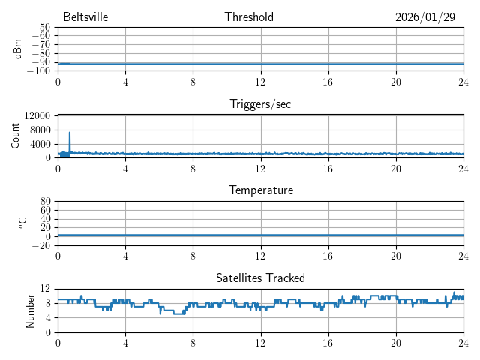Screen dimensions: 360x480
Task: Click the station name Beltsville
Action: click(85, 17)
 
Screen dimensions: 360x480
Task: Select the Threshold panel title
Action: click(249, 17)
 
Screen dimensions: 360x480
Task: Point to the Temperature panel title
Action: click(260, 190)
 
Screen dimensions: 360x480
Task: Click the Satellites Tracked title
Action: click(260, 277)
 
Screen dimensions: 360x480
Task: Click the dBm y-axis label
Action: click(17, 49)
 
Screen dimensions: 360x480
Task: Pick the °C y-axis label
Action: click(22, 223)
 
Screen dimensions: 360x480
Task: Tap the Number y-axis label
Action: click(30, 310)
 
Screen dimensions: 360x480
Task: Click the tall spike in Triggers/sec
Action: click(70, 133)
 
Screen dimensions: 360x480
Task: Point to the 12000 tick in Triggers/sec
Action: click(37, 115)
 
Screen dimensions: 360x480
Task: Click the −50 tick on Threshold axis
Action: click(40, 28)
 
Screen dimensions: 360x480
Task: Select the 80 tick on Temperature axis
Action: click(45, 202)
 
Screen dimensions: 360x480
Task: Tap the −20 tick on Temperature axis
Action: click(40, 245)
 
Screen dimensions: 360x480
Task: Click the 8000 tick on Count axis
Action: click(40, 130)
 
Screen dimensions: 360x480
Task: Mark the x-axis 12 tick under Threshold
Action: click(260, 81)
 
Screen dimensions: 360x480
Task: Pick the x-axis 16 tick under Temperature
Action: click(328, 255)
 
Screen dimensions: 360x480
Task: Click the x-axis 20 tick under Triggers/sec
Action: click(395, 168)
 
